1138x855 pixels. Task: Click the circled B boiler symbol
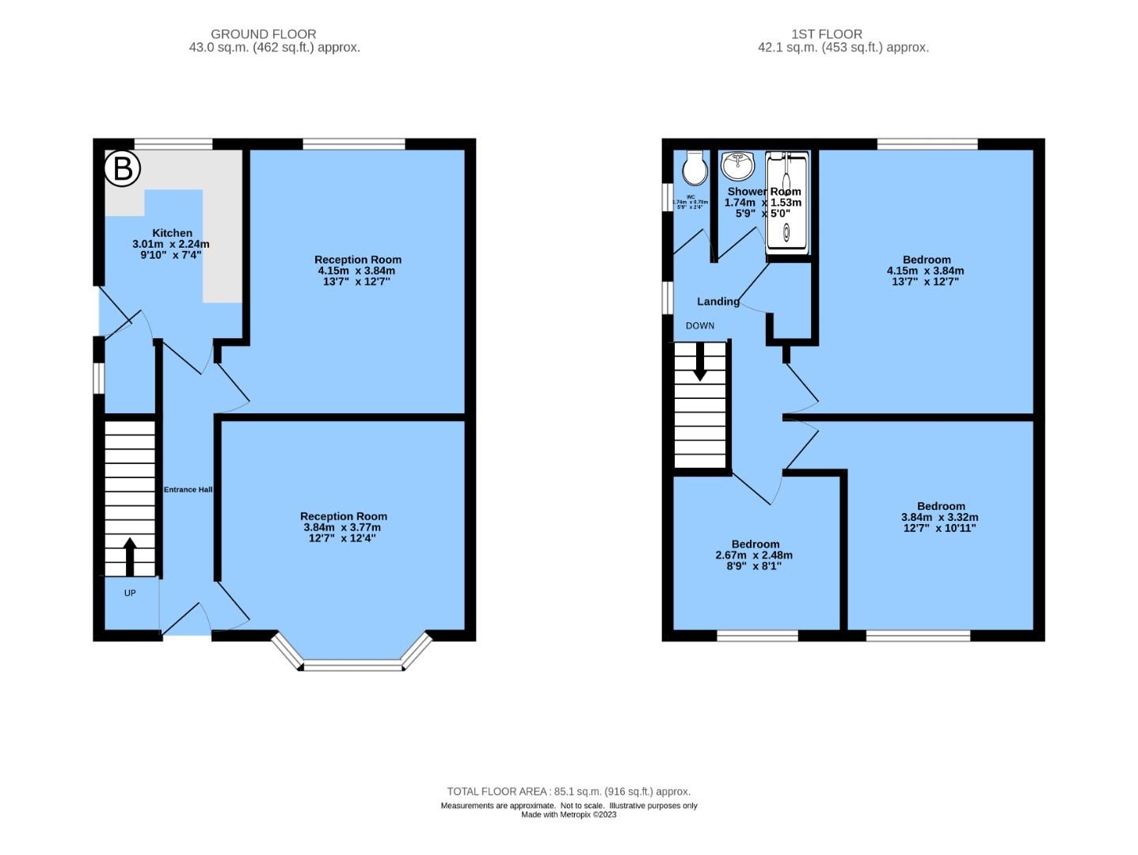click(x=123, y=169)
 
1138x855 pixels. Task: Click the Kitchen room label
click(x=172, y=233)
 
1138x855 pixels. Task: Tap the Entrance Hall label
click(x=188, y=489)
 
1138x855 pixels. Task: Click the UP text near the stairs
click(x=130, y=593)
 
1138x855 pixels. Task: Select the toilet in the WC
click(x=695, y=166)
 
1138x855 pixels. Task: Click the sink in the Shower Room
click(x=737, y=165)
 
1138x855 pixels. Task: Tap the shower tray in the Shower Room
click(x=787, y=204)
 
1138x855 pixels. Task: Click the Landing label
click(x=718, y=302)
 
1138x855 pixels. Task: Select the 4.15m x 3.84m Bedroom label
click(x=926, y=270)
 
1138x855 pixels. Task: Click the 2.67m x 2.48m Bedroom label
click(x=755, y=554)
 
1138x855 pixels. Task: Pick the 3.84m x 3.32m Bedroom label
click(x=941, y=516)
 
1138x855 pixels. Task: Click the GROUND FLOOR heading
click(x=263, y=34)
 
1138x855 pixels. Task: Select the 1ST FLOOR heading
click(x=826, y=34)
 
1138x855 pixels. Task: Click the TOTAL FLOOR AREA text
click(x=568, y=791)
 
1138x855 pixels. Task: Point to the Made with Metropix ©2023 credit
click(x=568, y=815)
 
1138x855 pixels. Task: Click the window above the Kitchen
click(x=173, y=144)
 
